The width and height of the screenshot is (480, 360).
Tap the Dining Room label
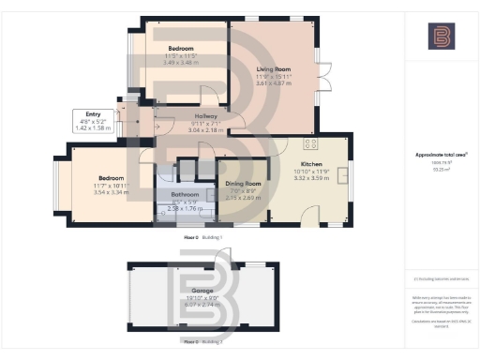pyautogui.click(x=243, y=184)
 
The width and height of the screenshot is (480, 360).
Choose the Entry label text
pyautogui.click(x=91, y=114)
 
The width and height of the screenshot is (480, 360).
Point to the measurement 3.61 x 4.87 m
pyautogui.click(x=276, y=82)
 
